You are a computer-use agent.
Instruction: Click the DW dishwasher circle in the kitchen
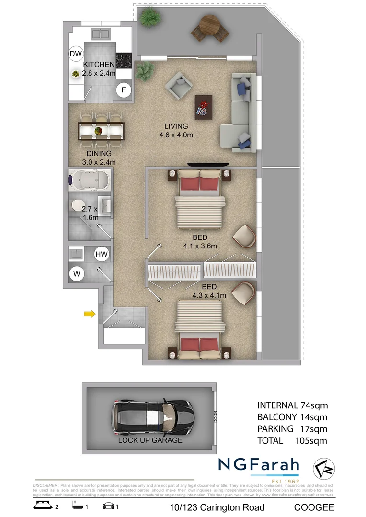[x=76, y=54]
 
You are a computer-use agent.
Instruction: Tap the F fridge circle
[x=124, y=90]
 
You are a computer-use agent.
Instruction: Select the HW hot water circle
[x=101, y=254]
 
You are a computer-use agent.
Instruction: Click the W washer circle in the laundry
[x=76, y=274]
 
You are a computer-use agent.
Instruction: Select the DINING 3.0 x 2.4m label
[x=99, y=157]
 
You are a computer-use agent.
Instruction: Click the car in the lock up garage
[x=152, y=414]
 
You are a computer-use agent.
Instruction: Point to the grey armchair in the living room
[x=179, y=86]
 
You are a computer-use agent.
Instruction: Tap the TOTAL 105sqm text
[x=292, y=440]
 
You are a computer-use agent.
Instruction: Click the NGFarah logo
[x=259, y=465]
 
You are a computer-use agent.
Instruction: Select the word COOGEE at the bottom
[x=314, y=507]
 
